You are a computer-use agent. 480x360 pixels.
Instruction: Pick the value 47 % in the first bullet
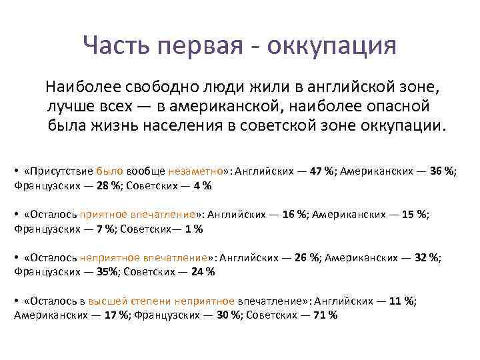(x=321, y=171)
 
